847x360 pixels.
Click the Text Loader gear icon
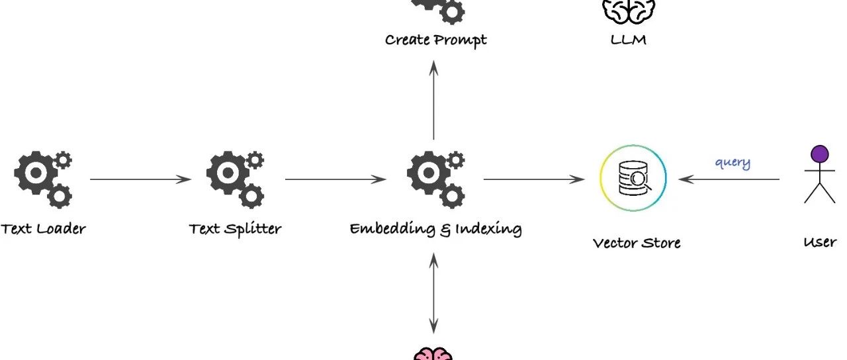click(x=43, y=179)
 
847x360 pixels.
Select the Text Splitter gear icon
click(x=235, y=179)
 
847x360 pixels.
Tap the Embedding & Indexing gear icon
click(x=436, y=179)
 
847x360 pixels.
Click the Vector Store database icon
click(x=633, y=178)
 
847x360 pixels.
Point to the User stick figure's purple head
click(x=820, y=154)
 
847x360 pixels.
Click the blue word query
click(x=733, y=163)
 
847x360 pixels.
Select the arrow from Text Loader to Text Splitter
click(x=141, y=179)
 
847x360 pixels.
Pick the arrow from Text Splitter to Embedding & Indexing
click(x=335, y=179)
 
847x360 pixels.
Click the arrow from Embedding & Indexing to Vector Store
click(x=534, y=179)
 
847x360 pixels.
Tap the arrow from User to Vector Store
click(x=729, y=179)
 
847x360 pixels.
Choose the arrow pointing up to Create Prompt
click(x=433, y=100)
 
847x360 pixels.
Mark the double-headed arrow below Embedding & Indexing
click(x=433, y=294)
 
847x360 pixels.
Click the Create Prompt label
click(x=436, y=40)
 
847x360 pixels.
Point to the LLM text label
click(x=629, y=40)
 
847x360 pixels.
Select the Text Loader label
click(x=43, y=229)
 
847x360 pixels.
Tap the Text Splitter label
click(x=235, y=230)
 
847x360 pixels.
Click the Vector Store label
click(x=637, y=243)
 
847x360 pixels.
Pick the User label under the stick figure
click(x=820, y=242)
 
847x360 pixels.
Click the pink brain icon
click(x=433, y=354)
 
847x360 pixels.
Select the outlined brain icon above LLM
click(x=629, y=11)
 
